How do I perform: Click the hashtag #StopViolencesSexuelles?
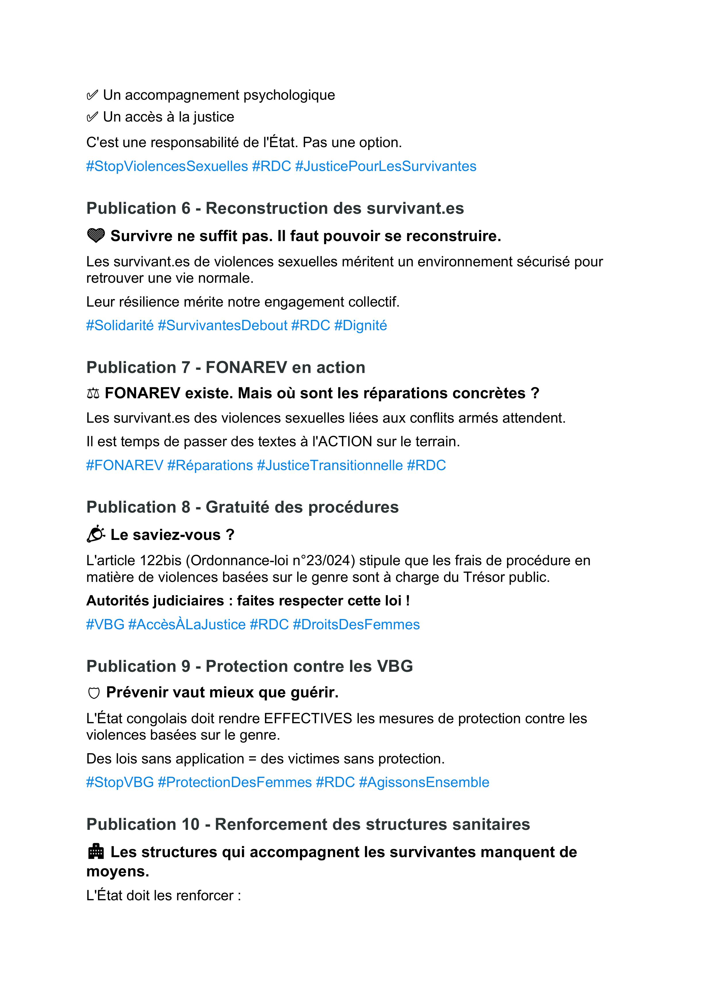pyautogui.click(x=167, y=166)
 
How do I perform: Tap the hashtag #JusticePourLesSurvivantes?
pyautogui.click(x=385, y=166)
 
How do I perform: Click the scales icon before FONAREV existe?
pyautogui.click(x=93, y=393)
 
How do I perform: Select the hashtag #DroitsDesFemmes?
pyautogui.click(x=356, y=624)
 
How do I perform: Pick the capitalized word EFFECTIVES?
pyautogui.click(x=308, y=719)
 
